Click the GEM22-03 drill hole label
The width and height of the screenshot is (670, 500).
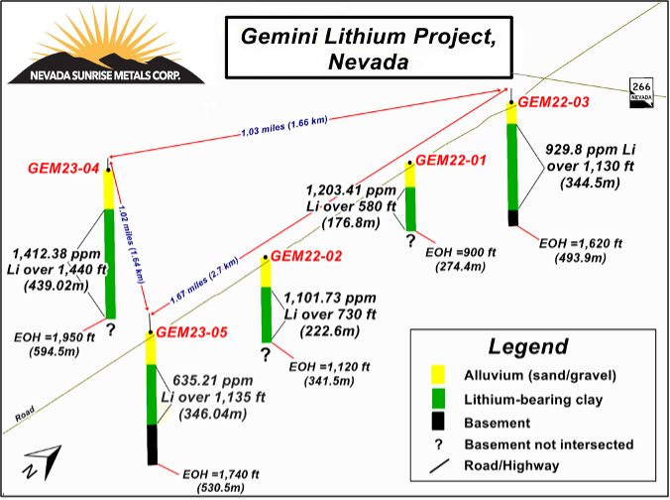pos(553,102)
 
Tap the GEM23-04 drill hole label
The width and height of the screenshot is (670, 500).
pos(63,168)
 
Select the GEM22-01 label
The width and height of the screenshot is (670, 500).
pos(451,161)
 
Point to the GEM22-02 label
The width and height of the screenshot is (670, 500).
pos(306,256)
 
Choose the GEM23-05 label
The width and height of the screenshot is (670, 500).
pos(191,332)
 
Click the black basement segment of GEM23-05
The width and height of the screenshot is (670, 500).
pos(153,444)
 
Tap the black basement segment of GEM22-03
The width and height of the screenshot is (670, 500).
pos(512,217)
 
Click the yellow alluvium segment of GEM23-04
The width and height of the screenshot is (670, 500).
pos(109,189)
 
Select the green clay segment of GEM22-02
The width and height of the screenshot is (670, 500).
pos(267,314)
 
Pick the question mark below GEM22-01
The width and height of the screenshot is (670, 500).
pos(410,240)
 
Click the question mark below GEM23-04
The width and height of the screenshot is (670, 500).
pos(111,329)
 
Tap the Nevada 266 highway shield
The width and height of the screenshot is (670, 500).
pos(641,92)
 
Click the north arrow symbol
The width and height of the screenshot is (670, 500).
pos(44,462)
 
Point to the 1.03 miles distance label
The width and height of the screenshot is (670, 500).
pos(284,126)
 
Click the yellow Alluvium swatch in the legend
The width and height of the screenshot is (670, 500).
pos(438,374)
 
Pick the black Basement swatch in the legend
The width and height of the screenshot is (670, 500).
pos(438,421)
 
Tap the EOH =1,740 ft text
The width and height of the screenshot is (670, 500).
pos(221,474)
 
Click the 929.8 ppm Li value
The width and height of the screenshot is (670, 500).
pos(591,150)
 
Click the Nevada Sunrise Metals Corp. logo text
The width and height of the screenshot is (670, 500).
pos(105,75)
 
